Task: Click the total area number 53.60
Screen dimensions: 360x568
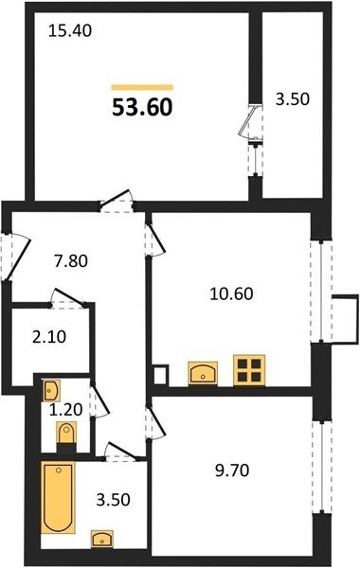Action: click(142, 108)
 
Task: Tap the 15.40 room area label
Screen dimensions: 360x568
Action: click(69, 31)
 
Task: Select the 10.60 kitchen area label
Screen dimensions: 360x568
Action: click(231, 293)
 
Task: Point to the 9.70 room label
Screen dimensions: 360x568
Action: click(232, 470)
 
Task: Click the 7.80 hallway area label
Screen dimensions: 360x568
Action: click(71, 261)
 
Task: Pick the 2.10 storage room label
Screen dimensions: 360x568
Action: click(49, 337)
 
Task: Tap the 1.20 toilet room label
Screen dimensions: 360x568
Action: click(66, 410)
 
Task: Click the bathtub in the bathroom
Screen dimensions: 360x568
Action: click(58, 497)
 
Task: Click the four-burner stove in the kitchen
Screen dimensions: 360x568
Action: click(249, 369)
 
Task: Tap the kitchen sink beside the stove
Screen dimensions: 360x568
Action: click(203, 373)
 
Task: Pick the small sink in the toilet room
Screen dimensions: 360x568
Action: click(50, 390)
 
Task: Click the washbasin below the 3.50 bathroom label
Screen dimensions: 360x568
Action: click(102, 539)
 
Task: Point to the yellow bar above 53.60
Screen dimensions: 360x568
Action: click(142, 87)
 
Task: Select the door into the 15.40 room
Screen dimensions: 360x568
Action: click(117, 203)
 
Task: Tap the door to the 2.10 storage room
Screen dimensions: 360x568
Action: click(68, 298)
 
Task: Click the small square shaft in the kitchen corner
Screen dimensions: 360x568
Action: click(161, 375)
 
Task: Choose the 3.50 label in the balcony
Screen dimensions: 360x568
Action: click(293, 99)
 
